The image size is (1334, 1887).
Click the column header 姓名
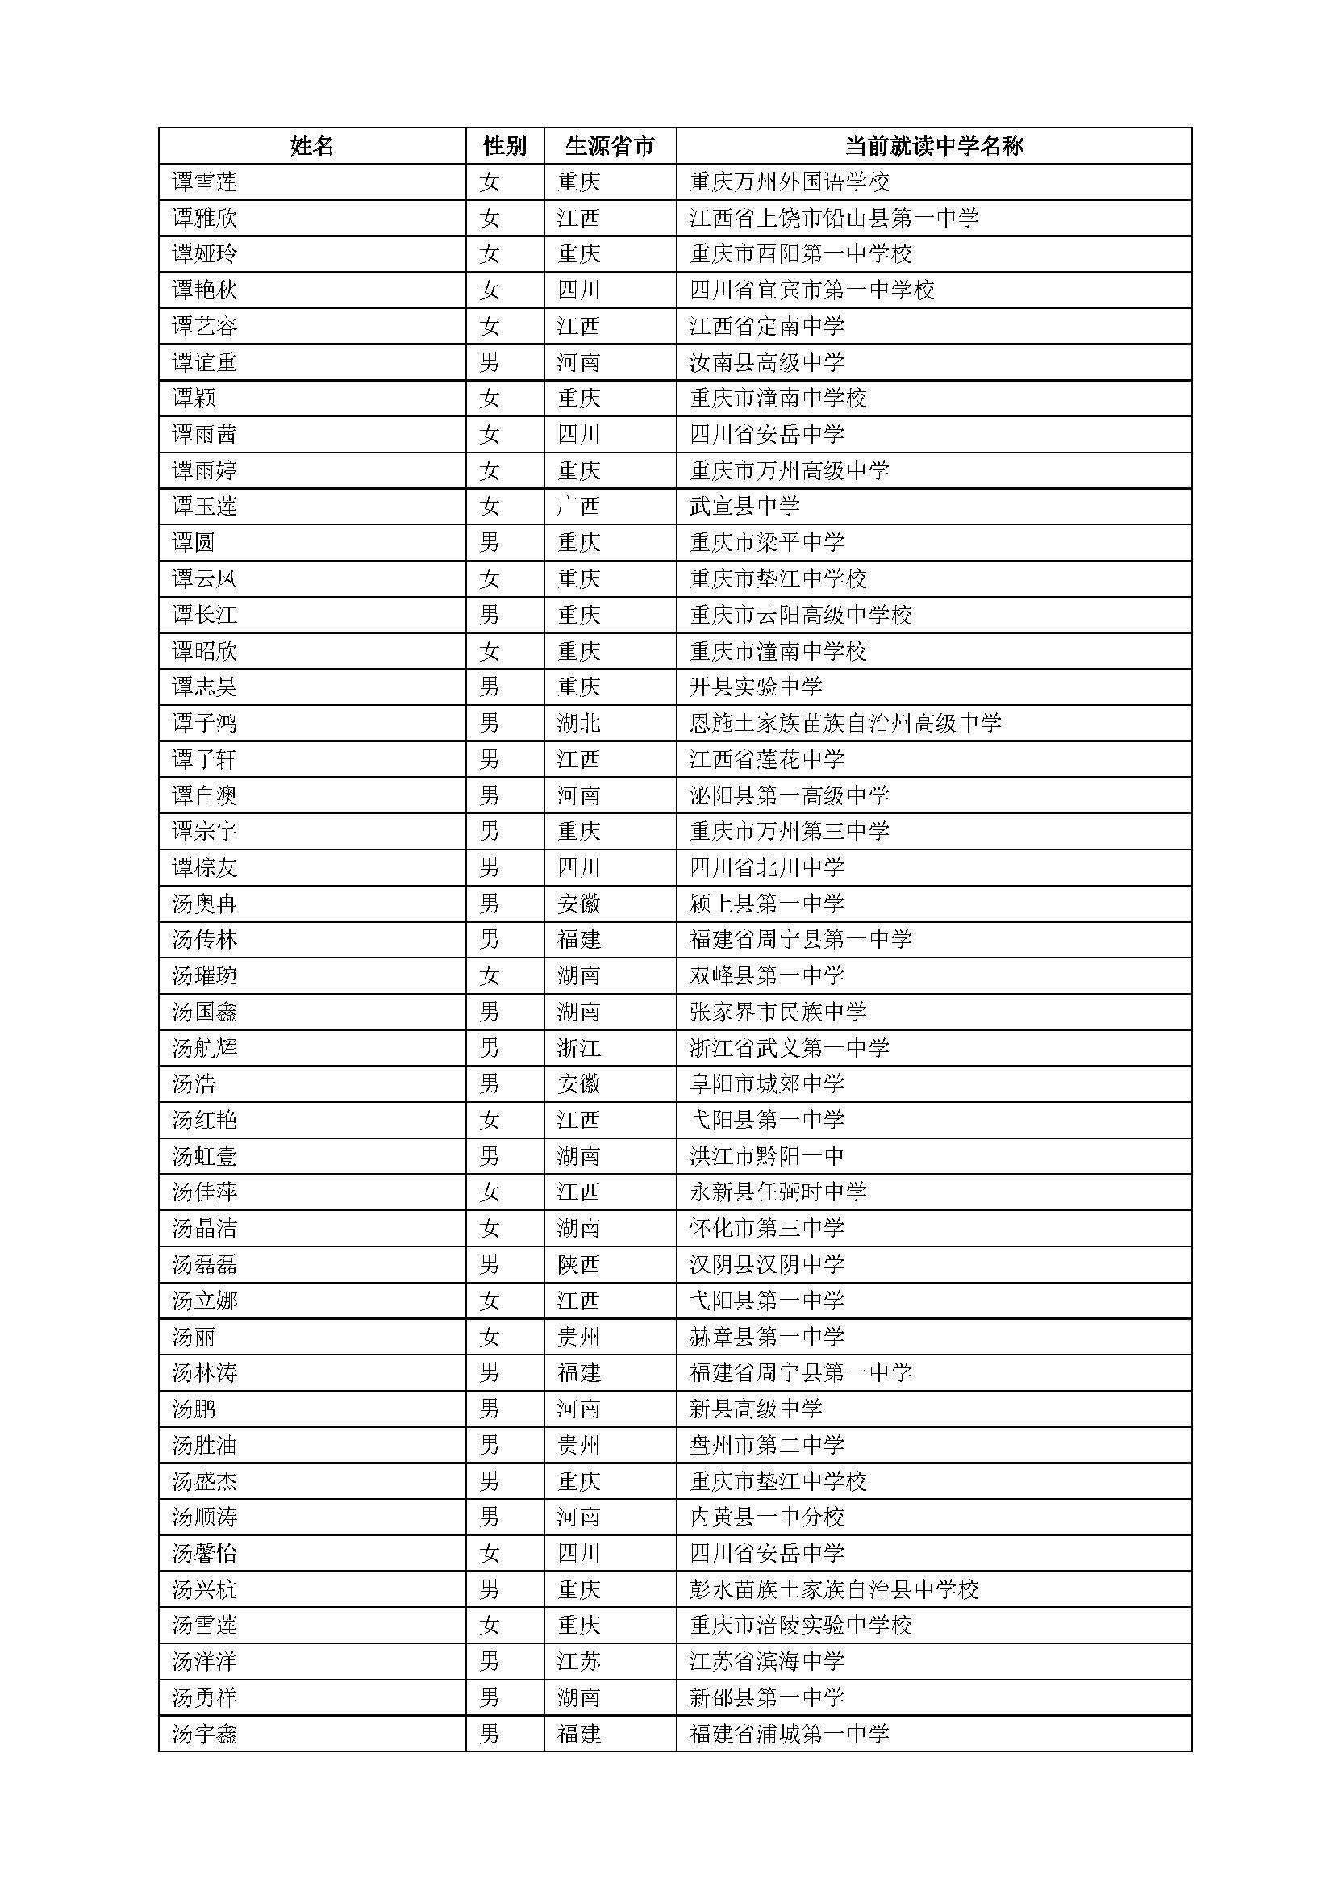click(x=312, y=146)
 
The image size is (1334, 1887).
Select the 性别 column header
click(x=504, y=146)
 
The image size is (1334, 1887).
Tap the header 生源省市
click(x=610, y=146)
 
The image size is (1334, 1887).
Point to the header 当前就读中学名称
click(x=934, y=146)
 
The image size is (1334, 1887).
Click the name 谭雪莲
click(x=205, y=182)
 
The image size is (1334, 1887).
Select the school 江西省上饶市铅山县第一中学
click(x=834, y=218)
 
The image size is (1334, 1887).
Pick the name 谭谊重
click(x=205, y=362)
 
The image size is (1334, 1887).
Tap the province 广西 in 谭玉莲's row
click(x=578, y=507)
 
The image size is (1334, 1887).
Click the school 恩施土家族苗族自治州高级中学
click(x=845, y=723)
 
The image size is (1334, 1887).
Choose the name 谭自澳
click(x=205, y=795)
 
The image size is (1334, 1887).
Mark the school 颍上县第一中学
click(x=766, y=904)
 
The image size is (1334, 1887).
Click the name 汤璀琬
click(x=205, y=975)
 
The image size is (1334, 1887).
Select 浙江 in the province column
click(x=578, y=1048)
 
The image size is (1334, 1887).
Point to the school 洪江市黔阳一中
click(x=766, y=1156)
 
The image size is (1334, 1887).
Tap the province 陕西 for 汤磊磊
click(x=578, y=1264)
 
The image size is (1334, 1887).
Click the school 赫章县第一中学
click(x=766, y=1336)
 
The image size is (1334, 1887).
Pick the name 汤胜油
click(x=205, y=1445)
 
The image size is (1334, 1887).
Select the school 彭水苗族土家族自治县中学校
click(x=834, y=1589)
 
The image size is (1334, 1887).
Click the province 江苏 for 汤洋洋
click(x=578, y=1661)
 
